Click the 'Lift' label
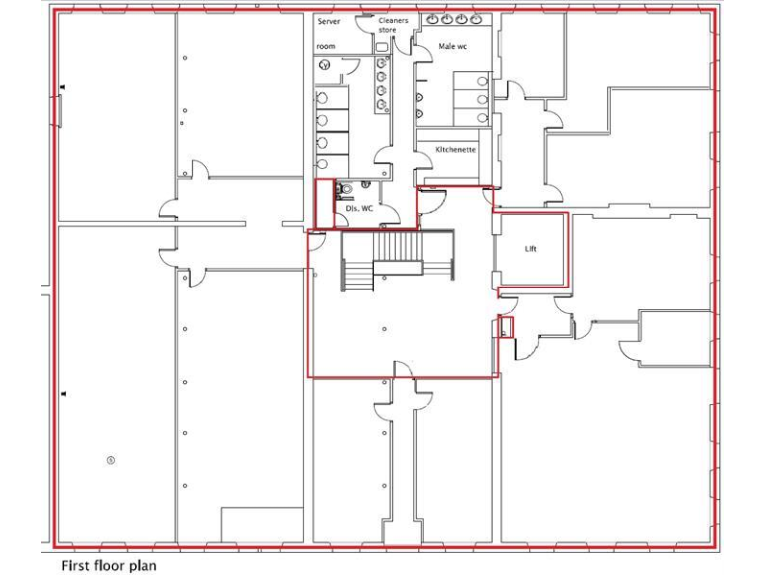point(530,249)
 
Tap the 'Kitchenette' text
point(454,149)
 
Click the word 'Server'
point(329,21)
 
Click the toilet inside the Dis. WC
point(344,188)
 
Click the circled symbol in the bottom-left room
point(111,460)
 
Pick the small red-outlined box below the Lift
point(505,327)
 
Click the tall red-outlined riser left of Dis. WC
point(324,203)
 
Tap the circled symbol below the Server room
point(325,65)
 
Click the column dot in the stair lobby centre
point(384,328)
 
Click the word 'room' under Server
point(326,46)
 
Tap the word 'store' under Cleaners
point(387,30)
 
